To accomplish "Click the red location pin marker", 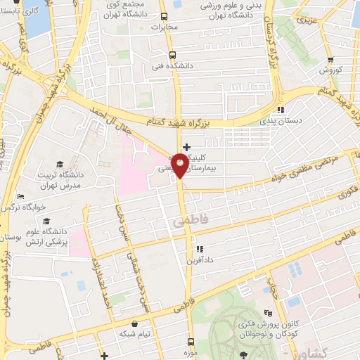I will tap(181, 165).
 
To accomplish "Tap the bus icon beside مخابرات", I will tap(164, 17).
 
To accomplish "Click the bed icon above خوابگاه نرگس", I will tap(21, 197).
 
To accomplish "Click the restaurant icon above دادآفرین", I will tap(200, 248).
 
